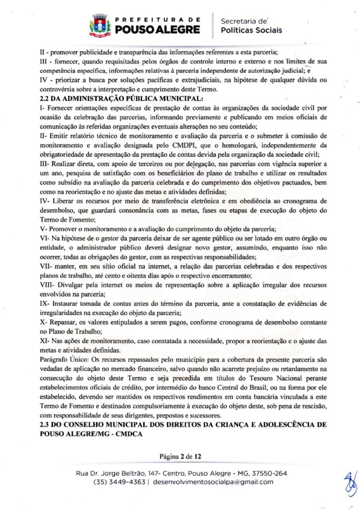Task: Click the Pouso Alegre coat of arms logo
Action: point(100,26)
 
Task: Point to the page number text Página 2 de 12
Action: point(180,455)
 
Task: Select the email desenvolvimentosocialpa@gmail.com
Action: point(213,482)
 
